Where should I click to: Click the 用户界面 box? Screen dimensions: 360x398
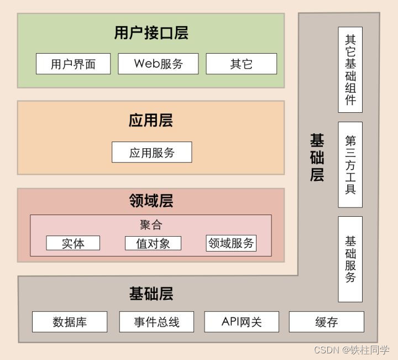[x=73, y=64]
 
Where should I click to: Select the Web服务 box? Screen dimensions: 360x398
[x=158, y=64]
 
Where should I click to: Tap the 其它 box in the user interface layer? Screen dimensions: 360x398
[x=241, y=64]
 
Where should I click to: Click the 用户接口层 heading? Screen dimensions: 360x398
[x=151, y=33]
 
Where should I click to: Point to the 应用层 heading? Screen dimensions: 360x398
[x=151, y=121]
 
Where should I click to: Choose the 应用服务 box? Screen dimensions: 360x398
[x=151, y=152]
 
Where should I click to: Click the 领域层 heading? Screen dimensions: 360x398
[x=151, y=201]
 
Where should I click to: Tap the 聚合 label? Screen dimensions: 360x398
[x=151, y=225]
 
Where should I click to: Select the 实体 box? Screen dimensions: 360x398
[x=73, y=243]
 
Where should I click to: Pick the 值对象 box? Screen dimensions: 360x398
[x=153, y=243]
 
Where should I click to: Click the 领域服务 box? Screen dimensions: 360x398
[x=231, y=243]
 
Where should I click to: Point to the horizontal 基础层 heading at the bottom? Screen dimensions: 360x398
[x=151, y=294]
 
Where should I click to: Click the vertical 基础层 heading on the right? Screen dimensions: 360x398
[x=316, y=158]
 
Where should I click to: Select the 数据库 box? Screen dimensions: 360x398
[x=70, y=322]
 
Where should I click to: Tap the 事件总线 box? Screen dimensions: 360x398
[x=157, y=322]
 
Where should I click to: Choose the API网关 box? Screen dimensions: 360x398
[x=242, y=322]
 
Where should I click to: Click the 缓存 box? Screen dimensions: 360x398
[x=326, y=322]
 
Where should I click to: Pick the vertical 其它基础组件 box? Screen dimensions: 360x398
[x=350, y=70]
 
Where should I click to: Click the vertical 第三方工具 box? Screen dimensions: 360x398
[x=350, y=165]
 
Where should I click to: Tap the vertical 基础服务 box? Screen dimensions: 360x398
[x=350, y=259]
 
